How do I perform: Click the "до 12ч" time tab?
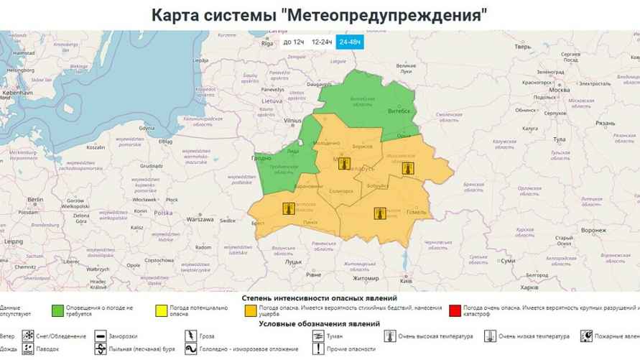tap(294, 42)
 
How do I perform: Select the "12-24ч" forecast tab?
tap(322, 42)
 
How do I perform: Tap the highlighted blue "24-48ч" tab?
tap(350, 42)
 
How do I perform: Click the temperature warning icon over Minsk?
tap(344, 164)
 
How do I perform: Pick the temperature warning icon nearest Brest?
tap(288, 209)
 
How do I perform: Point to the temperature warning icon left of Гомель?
tap(380, 213)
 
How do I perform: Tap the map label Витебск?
tap(398, 112)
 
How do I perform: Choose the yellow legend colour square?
tap(162, 311)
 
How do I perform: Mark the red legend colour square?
tap(453, 311)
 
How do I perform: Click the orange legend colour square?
tap(251, 311)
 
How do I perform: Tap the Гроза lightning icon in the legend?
tap(190, 336)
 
